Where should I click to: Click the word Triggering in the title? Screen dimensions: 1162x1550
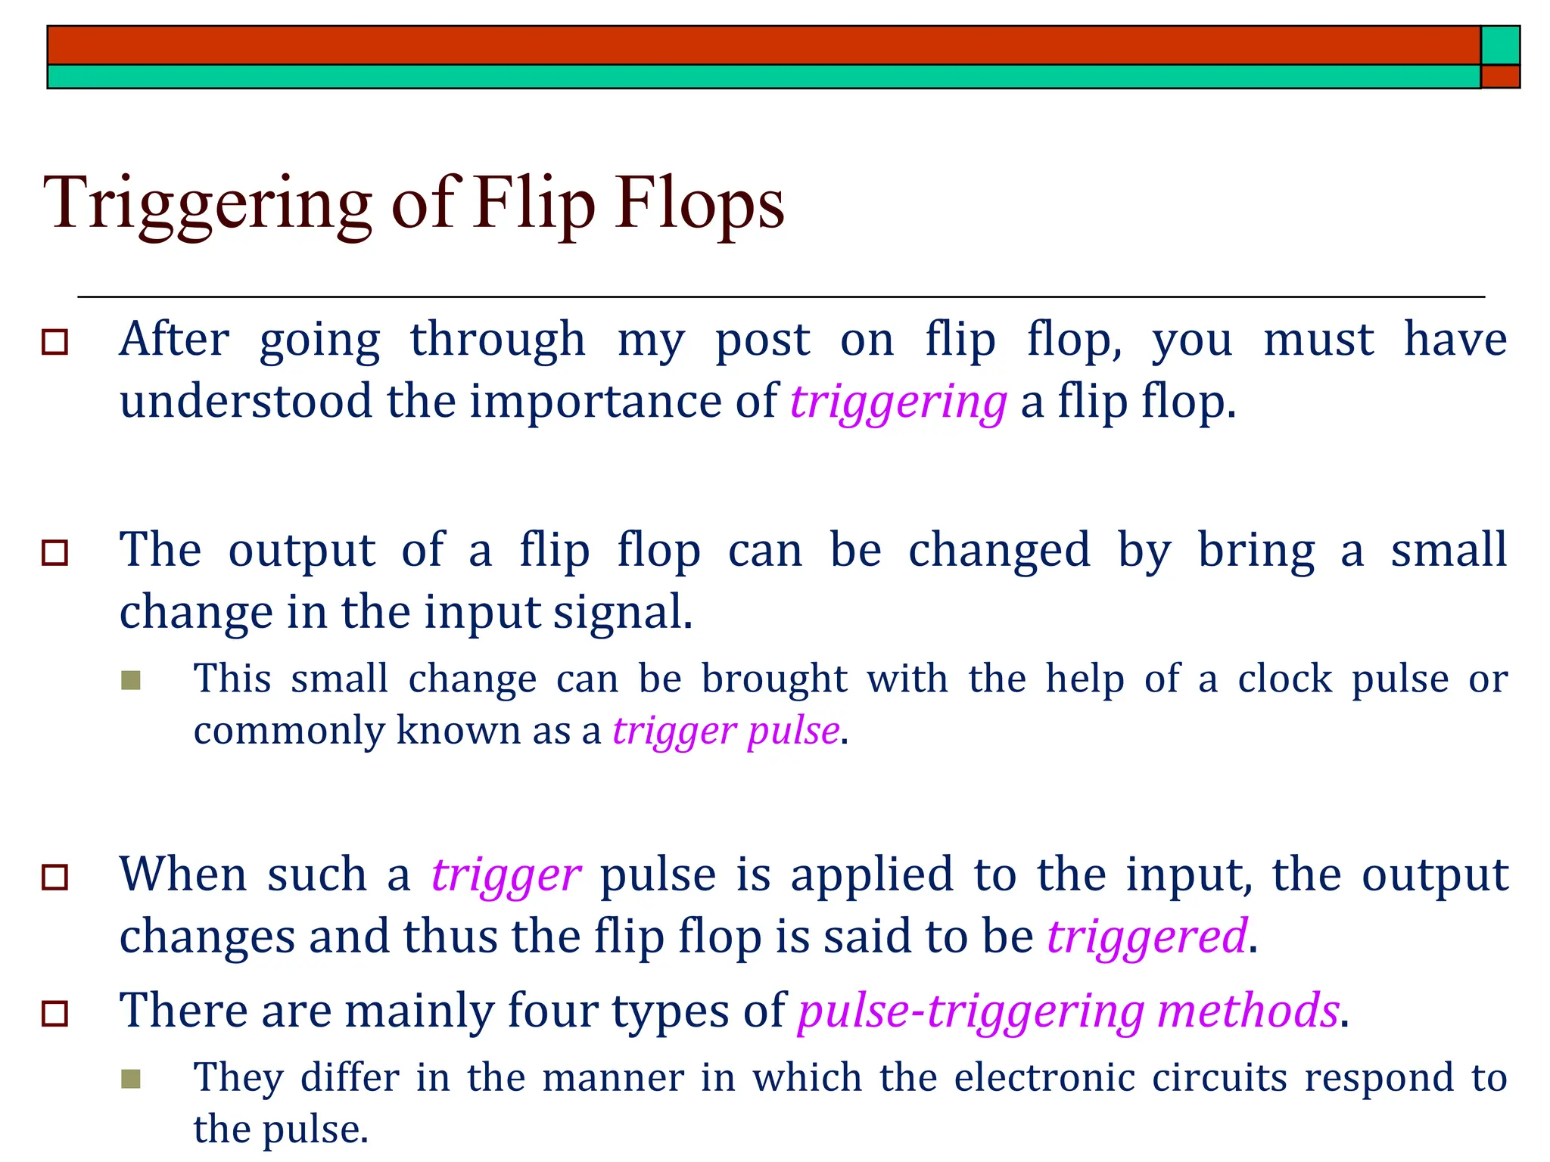(x=207, y=204)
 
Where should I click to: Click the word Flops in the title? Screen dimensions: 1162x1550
(x=699, y=204)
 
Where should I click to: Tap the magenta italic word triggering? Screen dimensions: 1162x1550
(x=898, y=402)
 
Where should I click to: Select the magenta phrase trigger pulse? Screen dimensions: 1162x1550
(x=726, y=731)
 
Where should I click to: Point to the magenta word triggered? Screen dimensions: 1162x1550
(x=1147, y=937)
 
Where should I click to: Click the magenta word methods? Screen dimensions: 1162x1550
(x=1248, y=1011)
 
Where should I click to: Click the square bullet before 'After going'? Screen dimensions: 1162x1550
(x=55, y=342)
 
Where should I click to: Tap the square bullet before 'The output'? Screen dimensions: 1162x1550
(x=55, y=552)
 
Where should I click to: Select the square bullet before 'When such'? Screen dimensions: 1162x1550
(x=55, y=878)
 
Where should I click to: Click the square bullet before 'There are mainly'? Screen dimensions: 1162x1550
(x=55, y=1013)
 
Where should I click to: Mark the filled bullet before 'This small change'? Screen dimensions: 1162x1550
(x=131, y=680)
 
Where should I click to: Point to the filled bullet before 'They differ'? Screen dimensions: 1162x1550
(x=131, y=1079)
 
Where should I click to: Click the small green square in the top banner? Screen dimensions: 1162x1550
(x=1500, y=45)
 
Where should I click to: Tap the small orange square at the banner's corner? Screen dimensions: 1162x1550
(x=1500, y=76)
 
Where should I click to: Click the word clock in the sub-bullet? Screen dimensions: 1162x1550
(x=1284, y=679)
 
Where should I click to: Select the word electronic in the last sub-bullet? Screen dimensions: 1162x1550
(x=1044, y=1077)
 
